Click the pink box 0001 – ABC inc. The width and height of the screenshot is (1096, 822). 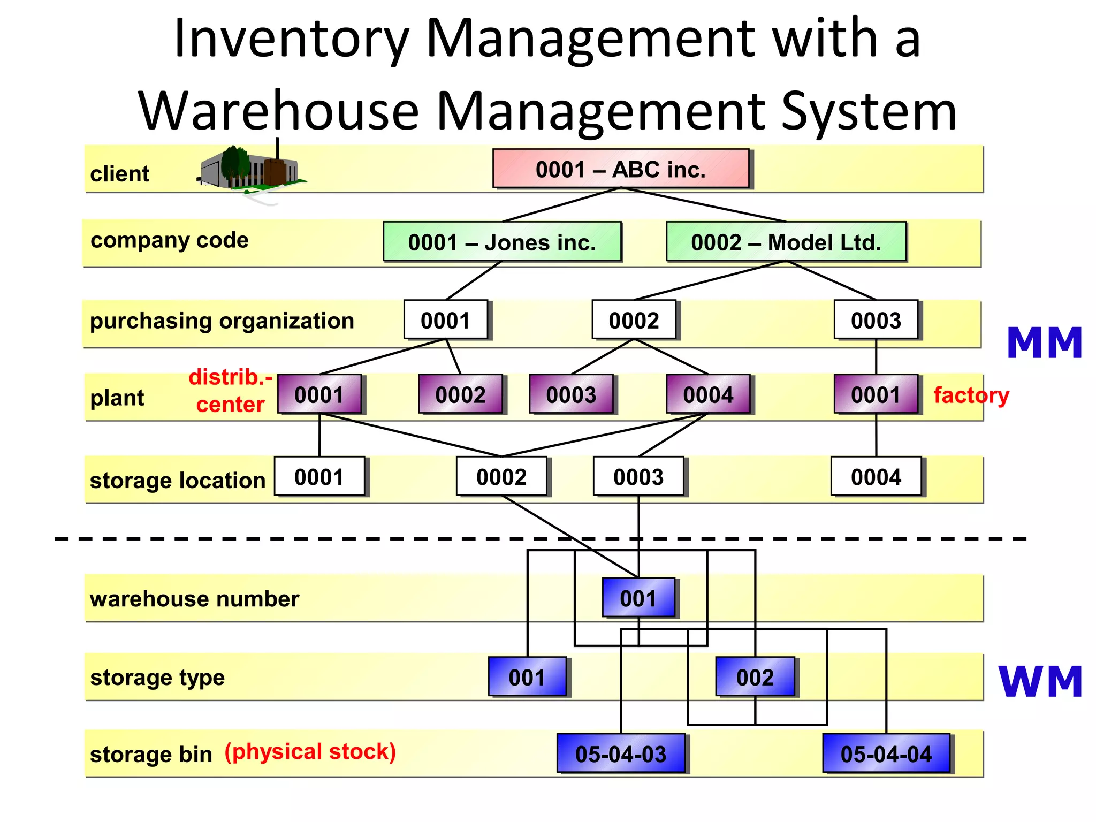click(621, 169)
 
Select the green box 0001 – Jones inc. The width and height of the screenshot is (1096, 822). click(502, 242)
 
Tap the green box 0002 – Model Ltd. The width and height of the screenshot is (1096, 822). click(786, 242)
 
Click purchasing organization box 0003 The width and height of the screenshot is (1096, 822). click(876, 320)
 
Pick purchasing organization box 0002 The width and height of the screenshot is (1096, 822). click(634, 320)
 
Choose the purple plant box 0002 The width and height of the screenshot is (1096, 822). click(460, 394)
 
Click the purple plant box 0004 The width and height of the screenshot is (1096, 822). click(708, 394)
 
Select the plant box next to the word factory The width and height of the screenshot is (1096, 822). click(876, 394)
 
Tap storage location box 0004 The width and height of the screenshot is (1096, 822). click(876, 476)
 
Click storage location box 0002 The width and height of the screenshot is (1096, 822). click(501, 476)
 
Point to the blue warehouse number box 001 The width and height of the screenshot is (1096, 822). click(638, 598)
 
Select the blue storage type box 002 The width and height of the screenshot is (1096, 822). click(755, 677)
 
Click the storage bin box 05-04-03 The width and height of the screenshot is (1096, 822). click(621, 753)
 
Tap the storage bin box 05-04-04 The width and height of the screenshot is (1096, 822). click(886, 753)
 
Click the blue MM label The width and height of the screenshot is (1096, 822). click(1044, 343)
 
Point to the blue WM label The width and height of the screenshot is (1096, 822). click(1040, 682)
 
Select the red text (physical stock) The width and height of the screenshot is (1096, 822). click(310, 751)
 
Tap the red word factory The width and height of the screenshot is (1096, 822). click(971, 395)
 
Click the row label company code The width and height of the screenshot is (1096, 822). click(170, 240)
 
